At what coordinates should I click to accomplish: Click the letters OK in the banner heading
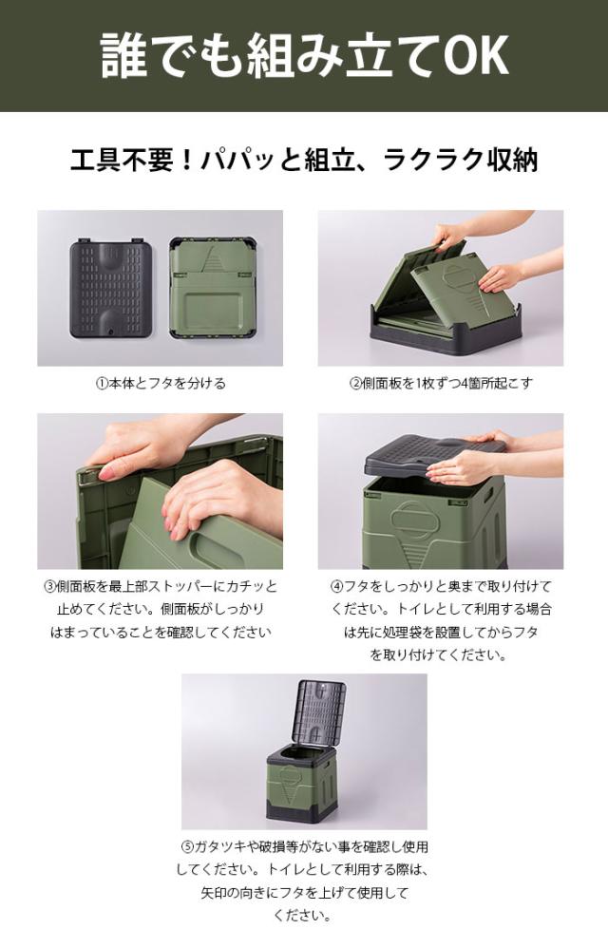[x=477, y=56]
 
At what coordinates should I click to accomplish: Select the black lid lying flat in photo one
[x=110, y=289]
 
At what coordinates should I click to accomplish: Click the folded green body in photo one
[x=214, y=288]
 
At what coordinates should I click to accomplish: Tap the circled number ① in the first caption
[x=102, y=384]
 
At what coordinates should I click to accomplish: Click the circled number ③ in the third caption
[x=49, y=586]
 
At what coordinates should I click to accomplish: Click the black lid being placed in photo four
[x=435, y=454]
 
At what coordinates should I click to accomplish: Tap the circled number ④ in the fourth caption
[x=336, y=586]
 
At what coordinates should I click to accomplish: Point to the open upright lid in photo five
[x=322, y=713]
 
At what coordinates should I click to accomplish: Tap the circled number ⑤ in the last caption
[x=187, y=847]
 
